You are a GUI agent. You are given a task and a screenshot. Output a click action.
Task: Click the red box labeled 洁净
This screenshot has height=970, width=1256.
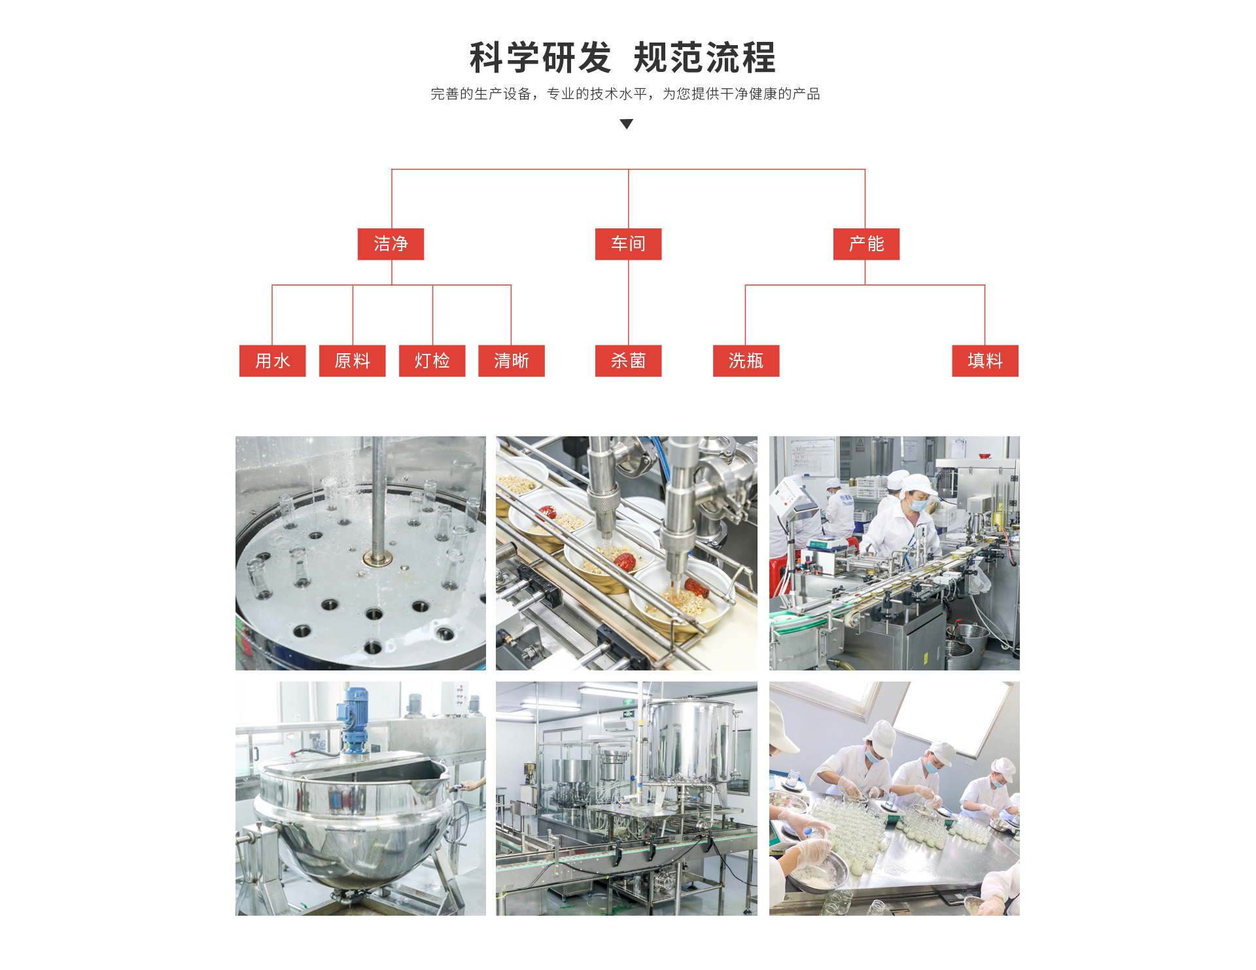tap(391, 244)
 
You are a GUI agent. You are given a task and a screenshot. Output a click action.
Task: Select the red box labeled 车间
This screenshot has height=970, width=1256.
tap(628, 244)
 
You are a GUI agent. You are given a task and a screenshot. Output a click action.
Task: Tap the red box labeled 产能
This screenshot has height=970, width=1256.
tap(866, 244)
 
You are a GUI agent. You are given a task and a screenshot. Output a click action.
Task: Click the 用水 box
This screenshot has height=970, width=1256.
tap(272, 360)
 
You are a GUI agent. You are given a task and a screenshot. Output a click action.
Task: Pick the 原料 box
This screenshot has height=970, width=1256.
tap(352, 360)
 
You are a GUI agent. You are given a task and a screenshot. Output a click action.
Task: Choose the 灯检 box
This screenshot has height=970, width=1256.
tap(432, 360)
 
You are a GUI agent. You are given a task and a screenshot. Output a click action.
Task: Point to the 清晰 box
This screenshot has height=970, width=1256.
tap(511, 360)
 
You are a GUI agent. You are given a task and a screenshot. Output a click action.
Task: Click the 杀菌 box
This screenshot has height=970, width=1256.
tap(628, 360)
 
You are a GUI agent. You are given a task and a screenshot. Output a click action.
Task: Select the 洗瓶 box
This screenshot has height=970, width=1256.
tap(746, 360)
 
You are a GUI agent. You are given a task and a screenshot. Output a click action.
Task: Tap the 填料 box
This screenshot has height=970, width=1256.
tap(985, 360)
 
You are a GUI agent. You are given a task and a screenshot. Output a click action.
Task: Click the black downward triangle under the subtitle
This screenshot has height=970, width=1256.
tap(627, 124)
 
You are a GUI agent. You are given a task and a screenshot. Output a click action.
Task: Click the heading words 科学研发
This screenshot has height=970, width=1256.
tap(540, 58)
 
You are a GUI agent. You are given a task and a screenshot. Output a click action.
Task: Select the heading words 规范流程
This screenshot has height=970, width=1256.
tap(705, 58)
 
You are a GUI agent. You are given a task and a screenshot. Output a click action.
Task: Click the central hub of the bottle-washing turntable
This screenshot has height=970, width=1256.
tap(378, 559)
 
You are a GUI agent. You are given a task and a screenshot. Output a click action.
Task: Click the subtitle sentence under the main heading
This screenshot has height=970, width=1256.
tap(625, 94)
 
